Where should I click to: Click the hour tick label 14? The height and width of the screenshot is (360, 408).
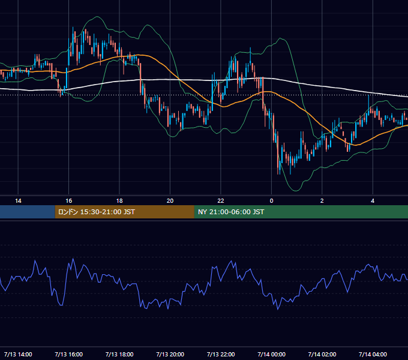click(18, 201)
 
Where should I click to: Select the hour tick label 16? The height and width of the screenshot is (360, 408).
click(68, 201)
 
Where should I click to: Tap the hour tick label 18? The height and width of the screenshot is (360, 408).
click(119, 201)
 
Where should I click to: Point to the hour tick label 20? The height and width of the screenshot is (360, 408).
click(170, 201)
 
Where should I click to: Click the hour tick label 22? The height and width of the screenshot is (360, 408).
click(221, 201)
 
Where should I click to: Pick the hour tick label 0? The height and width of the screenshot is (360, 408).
click(271, 201)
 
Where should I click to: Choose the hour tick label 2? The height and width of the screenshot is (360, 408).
click(322, 201)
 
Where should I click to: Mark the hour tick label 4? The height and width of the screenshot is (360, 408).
click(373, 201)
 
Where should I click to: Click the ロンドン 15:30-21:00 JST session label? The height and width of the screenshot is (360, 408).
click(96, 212)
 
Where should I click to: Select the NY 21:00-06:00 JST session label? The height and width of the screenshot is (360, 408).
click(231, 212)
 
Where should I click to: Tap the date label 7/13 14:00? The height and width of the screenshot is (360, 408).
click(18, 354)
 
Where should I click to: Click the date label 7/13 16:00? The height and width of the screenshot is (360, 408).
click(68, 354)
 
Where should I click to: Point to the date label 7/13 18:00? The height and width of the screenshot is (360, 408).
click(119, 354)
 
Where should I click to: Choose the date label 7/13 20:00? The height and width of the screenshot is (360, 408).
click(170, 354)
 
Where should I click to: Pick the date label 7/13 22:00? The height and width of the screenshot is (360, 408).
click(221, 354)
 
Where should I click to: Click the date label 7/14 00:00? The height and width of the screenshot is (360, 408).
click(271, 354)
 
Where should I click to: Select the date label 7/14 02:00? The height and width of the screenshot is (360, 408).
click(322, 354)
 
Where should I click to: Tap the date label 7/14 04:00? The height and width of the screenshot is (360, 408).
click(373, 354)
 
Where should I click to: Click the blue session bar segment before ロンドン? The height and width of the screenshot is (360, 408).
click(28, 212)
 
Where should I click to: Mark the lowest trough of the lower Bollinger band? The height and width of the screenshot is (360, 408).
click(296, 191)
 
